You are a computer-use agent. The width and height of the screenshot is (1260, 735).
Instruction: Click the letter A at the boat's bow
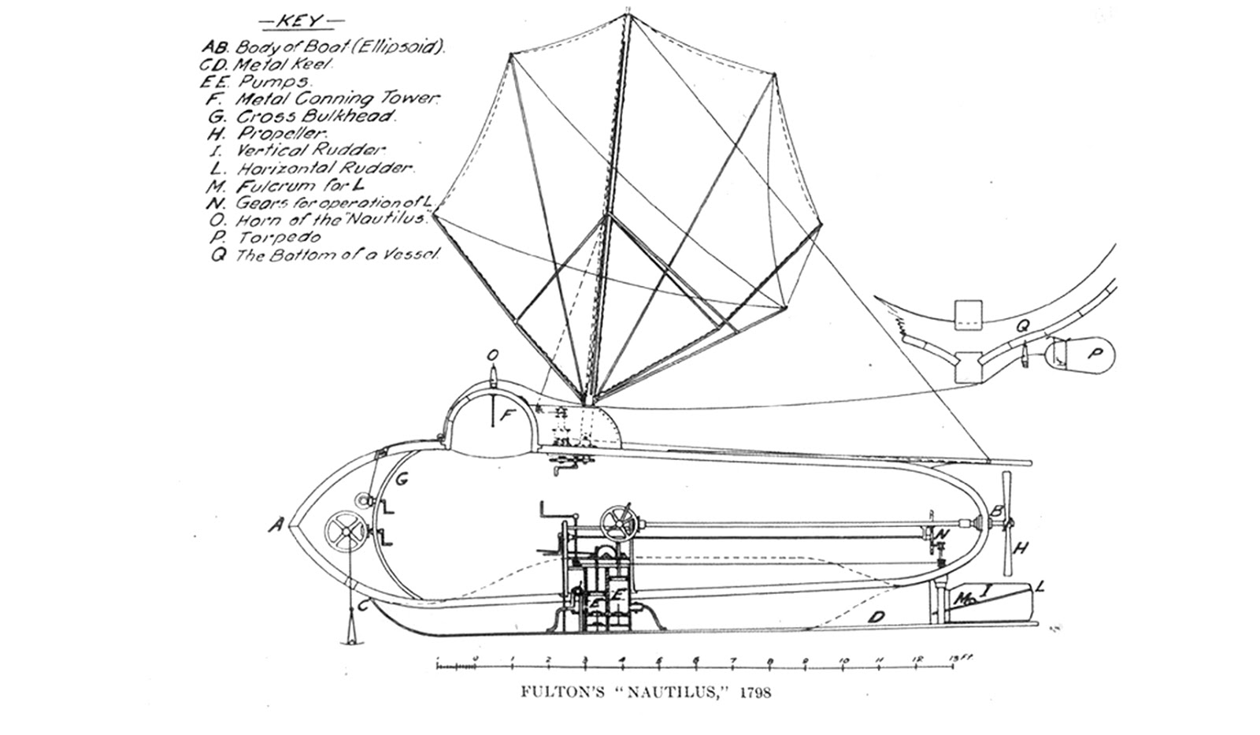coord(275,524)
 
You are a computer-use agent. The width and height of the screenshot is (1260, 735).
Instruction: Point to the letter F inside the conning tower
coord(509,418)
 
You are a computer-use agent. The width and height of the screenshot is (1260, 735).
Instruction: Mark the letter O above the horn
coord(492,356)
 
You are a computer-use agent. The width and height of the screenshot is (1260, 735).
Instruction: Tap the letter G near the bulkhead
coord(401,479)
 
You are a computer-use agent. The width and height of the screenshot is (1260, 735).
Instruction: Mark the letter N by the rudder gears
coord(944,534)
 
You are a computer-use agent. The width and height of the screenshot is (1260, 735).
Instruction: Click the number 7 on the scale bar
coord(733,661)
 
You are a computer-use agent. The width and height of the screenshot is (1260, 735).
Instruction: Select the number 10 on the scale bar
coord(844,661)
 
